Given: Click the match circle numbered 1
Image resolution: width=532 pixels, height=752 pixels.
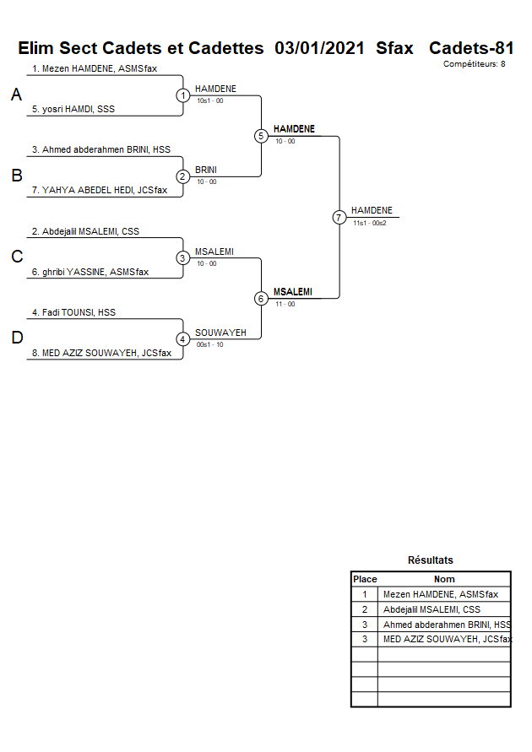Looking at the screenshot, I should click(183, 95).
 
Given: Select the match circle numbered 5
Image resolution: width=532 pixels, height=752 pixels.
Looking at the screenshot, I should click(261, 136).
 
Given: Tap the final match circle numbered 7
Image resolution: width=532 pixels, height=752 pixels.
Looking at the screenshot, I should click(339, 218).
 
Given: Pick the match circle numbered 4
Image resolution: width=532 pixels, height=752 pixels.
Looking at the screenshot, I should click(183, 339).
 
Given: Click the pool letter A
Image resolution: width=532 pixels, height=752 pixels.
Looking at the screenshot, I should click(16, 95).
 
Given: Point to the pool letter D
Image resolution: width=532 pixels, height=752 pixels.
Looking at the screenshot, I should click(16, 338).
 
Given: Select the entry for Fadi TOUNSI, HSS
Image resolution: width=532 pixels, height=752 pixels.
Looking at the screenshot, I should click(73, 312).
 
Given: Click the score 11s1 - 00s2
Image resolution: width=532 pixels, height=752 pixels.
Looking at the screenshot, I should click(370, 223).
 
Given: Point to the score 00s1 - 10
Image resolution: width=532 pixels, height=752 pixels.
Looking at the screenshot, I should click(210, 344).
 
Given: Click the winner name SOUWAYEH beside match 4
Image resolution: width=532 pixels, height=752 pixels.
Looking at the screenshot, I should click(220, 333).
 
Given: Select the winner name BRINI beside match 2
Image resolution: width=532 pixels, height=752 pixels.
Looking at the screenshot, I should click(206, 170).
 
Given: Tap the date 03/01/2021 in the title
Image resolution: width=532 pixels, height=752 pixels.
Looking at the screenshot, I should click(320, 48).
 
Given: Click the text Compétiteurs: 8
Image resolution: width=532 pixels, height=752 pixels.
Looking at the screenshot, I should click(474, 64).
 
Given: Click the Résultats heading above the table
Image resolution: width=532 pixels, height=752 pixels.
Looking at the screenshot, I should click(430, 560).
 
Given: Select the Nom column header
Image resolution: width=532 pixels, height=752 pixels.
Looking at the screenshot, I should click(444, 579).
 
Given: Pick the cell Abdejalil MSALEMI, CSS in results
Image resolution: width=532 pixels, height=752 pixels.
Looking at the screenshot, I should click(432, 609).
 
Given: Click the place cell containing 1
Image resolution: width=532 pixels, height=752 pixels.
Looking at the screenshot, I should click(365, 594).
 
